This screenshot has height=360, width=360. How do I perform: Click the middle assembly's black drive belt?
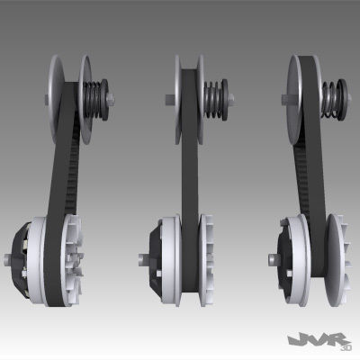[x=191, y=162]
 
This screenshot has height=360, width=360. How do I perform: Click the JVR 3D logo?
[x=310, y=339]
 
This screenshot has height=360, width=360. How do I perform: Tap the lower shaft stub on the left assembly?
[x=12, y=259]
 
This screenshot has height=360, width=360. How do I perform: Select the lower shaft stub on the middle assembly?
[x=142, y=260]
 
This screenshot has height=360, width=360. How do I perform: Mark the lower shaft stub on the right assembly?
[x=270, y=258]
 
